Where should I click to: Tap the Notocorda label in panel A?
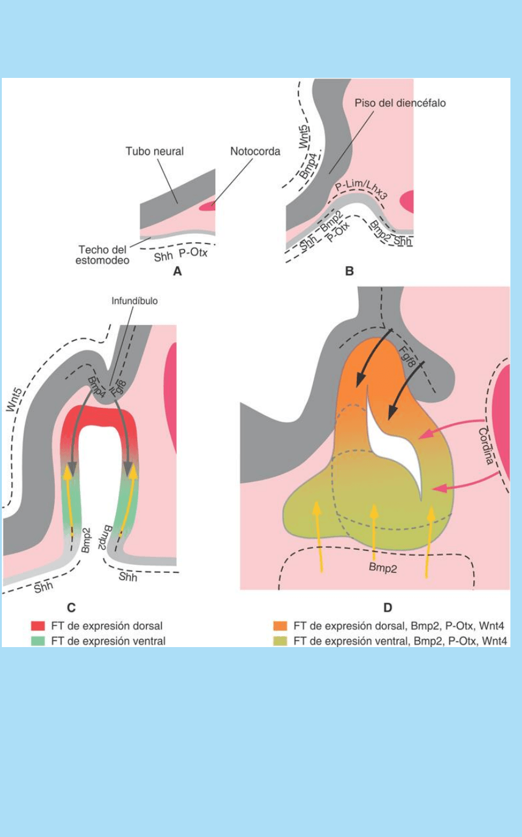255,151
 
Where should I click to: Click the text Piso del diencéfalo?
400,103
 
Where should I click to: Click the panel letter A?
177,272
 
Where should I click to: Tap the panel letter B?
349,271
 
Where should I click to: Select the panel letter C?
71,606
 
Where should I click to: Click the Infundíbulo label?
135,301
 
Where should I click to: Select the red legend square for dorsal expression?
38,625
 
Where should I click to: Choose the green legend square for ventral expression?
38,640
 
